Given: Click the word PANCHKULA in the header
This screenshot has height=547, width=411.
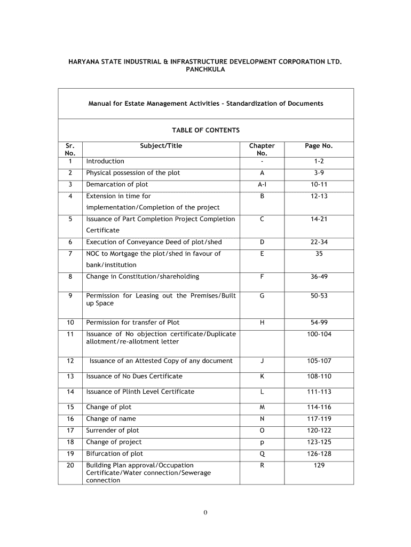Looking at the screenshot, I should click(205, 70).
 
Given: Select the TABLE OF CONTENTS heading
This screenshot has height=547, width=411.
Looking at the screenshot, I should click(205, 130).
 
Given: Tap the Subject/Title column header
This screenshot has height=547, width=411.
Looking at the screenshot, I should click(161, 145).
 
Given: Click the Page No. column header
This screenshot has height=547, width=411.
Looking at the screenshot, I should click(319, 145).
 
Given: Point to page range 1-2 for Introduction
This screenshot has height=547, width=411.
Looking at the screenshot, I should click(319, 161).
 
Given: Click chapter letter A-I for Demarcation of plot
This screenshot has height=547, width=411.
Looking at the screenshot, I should click(262, 185).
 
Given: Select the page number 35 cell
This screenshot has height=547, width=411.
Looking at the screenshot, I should click(319, 254).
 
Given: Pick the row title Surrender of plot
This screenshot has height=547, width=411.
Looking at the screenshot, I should click(113, 431).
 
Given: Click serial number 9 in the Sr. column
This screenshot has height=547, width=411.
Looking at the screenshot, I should click(70, 296).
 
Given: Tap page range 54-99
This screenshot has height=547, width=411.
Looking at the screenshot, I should click(319, 323).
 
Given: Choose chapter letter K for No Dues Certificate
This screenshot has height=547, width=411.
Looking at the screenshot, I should click(262, 377).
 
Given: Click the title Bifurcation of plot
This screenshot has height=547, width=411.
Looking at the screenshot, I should click(115, 454).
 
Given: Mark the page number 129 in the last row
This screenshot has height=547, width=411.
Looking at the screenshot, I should click(319, 465).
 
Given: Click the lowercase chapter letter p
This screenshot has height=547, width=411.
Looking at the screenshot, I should click(262, 442).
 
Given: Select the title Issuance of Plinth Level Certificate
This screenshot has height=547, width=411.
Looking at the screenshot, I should click(140, 392).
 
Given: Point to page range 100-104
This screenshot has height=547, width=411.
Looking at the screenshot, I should click(319, 334).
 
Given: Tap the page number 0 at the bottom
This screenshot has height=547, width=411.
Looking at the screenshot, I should click(205, 513).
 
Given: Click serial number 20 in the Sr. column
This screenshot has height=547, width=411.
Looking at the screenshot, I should click(70, 465).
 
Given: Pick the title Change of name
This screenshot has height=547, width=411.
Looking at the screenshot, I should click(111, 419).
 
